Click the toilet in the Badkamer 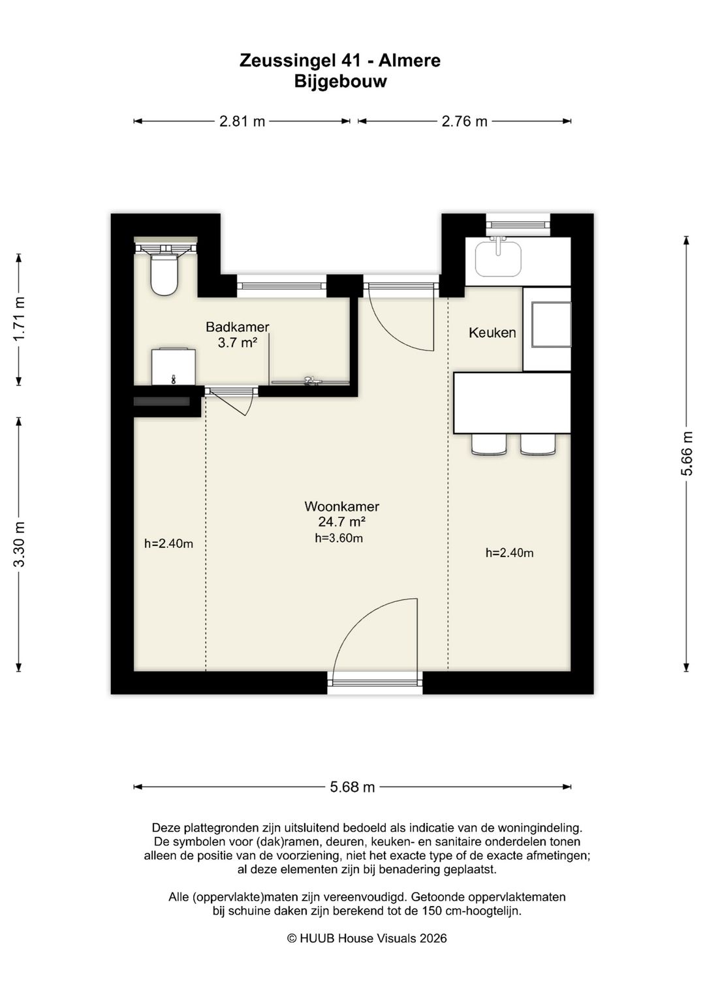tap(164, 273)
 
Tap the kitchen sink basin tap(498, 259)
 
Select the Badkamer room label tap(237, 327)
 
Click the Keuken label tap(492, 333)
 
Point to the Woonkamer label tap(342, 506)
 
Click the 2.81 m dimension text tap(242, 121)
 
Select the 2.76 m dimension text tap(464, 121)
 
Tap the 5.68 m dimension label tap(352, 787)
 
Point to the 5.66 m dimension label tap(687, 453)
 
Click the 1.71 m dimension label tap(19, 319)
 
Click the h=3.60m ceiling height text tap(339, 538)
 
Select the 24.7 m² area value tap(342, 521)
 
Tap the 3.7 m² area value tap(237, 342)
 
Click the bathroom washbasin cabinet tap(174, 367)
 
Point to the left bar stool tap(489, 444)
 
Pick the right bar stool tap(538, 444)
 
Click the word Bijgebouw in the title tap(341, 82)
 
